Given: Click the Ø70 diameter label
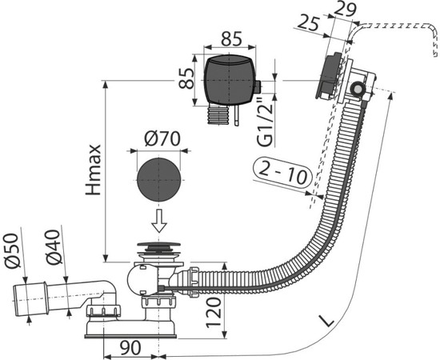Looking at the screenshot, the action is [162, 139].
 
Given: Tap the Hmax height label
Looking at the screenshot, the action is [94, 170].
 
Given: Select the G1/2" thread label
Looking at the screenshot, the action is [265, 122].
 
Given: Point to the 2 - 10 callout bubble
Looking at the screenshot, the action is [283, 174].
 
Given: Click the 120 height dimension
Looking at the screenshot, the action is [214, 313].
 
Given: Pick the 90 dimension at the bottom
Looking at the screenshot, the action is [130, 348].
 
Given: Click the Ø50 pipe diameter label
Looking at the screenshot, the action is [13, 250].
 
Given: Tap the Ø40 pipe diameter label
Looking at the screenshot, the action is [54, 247].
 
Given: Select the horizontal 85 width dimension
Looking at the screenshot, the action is [231, 38].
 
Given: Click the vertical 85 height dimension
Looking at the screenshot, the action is [186, 79].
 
